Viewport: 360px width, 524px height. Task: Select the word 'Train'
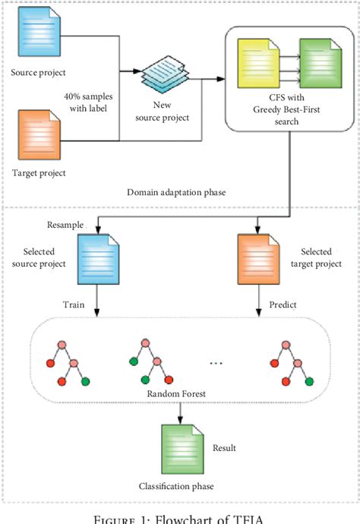pyautogui.click(x=72, y=305)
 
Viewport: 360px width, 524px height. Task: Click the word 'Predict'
pyautogui.click(x=283, y=305)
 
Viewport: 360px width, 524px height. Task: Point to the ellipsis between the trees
pyautogui.click(x=216, y=363)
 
